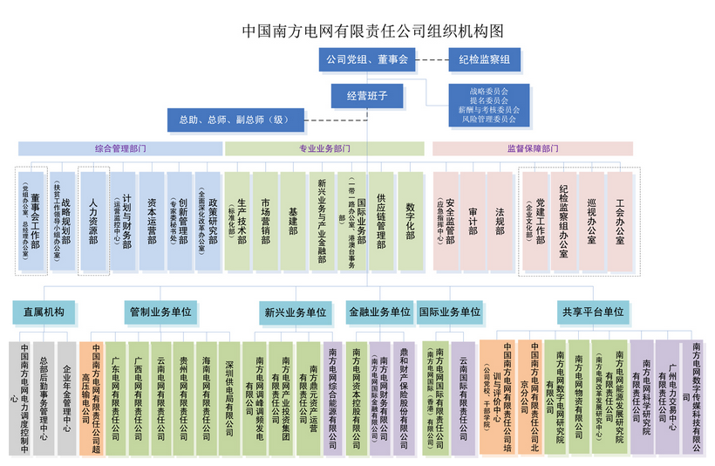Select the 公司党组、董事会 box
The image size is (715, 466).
point(366,60)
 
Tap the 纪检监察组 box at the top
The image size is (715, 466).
point(485,60)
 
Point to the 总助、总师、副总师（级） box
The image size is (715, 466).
point(235,120)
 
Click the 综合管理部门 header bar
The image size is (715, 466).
point(119,148)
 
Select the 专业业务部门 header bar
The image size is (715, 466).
point(324,148)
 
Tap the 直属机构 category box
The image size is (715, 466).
point(44,312)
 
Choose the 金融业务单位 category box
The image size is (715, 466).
point(379,312)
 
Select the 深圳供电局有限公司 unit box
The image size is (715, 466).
point(229,397)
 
